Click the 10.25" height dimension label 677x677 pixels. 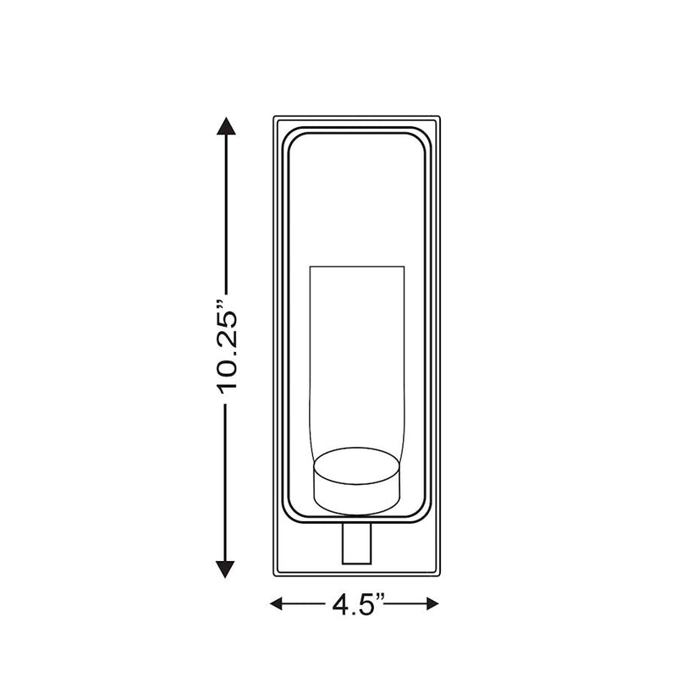point(227,346)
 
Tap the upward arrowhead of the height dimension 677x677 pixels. point(226,126)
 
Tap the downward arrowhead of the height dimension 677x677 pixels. point(226,569)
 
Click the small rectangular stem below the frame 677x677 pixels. point(357,543)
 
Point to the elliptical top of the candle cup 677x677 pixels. point(357,466)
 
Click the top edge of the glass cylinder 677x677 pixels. point(357,267)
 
